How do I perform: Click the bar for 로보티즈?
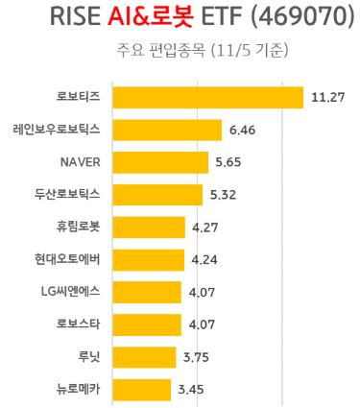pos(208,97)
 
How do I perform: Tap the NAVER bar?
pos(160,162)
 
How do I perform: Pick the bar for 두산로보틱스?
pos(157,195)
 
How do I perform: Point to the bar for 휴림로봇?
pos(149,228)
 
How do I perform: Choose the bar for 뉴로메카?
pos(142,389)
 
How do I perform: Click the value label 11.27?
pos(327,96)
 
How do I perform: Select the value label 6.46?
pos(246,129)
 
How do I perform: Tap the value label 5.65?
pos(232,161)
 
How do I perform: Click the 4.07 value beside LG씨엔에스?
pos(204,291)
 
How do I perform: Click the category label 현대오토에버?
pos(71,259)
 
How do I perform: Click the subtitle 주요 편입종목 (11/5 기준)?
pos(181,50)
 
